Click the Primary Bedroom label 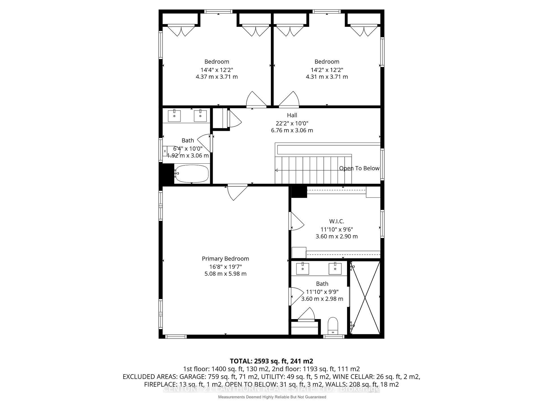pos(225,259)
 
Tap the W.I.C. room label pos(337,221)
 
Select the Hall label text pos(292,115)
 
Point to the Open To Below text pos(359,168)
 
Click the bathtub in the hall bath pos(192,174)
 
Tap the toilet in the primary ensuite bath pos(333,326)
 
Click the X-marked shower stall pos(365,298)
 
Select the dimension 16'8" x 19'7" pos(225,267)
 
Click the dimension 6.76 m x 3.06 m pos(292,131)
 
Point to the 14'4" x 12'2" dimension pos(217,70)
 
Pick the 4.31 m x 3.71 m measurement pos(327,77)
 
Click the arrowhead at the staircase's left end pos(277,170)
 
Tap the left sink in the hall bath pos(174,116)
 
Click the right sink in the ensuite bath pos(335,269)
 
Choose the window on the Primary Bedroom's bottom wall pos(176,337)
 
